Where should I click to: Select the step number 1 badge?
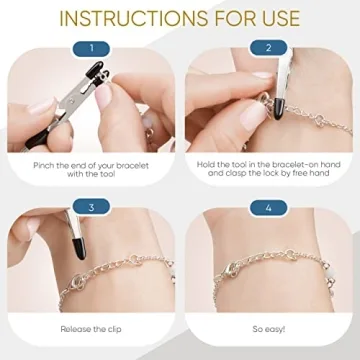coord(91,47)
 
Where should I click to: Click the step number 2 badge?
coord(268,47)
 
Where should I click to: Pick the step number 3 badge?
coord(91,208)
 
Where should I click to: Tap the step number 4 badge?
coord(268,208)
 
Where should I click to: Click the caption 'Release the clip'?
coord(91,327)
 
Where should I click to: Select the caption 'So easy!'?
coord(268,327)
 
